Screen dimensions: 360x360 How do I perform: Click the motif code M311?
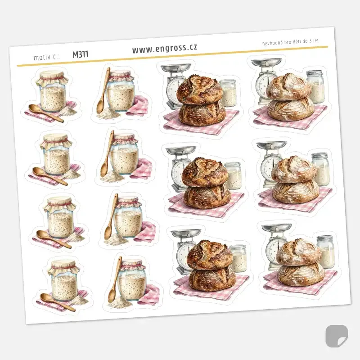coord(81,54)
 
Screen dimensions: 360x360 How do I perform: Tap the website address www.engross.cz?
coord(165,48)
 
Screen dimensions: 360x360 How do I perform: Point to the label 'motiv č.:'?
coord(47,57)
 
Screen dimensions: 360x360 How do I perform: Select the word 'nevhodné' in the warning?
coord(270,43)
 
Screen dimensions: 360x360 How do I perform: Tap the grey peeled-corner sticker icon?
coord(336,336)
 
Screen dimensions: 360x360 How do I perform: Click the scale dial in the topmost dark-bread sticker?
coord(174,88)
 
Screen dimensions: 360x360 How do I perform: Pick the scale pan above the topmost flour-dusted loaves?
coord(266,62)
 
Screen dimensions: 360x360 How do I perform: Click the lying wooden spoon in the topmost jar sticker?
coord(46,112)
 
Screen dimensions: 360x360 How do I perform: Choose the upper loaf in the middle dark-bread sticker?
coord(205,172)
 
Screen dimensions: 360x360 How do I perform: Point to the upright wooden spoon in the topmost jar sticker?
coord(103,90)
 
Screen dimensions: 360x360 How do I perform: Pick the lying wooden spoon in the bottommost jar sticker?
coord(58,302)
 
